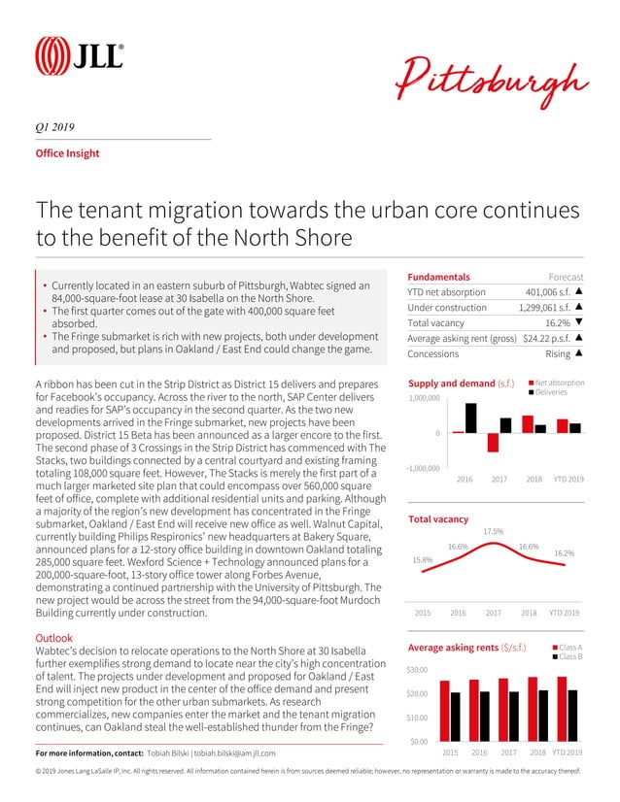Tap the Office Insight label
pos(67,153)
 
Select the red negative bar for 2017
pos(493,442)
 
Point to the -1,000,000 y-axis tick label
pos(423,468)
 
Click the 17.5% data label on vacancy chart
pos(493,531)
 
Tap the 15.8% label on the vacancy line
pos(423,559)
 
